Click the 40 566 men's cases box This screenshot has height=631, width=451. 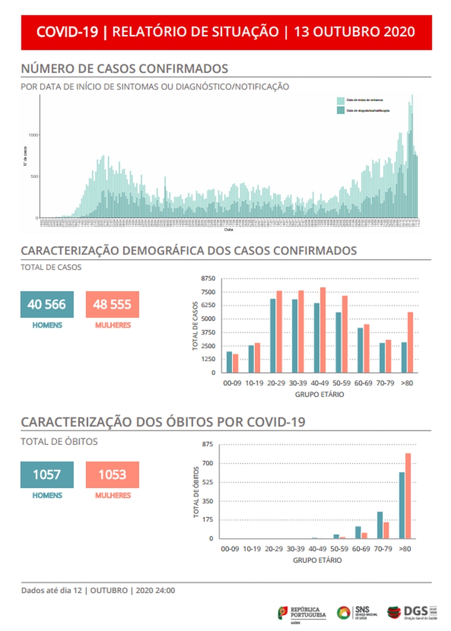tap(47, 304)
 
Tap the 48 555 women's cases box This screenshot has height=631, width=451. tap(113, 304)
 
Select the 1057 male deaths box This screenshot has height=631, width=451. tap(47, 474)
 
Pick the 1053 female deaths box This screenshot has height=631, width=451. tap(113, 474)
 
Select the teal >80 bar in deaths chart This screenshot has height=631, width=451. tap(402, 505)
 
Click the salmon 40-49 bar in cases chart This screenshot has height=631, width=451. tap(323, 330)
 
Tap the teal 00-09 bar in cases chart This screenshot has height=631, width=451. tap(230, 362)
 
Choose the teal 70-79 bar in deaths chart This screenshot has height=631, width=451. tap(380, 525)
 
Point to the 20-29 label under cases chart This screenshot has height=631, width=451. tap(275, 383)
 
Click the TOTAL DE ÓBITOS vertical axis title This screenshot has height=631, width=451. tap(196, 492)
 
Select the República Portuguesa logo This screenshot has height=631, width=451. tap(302, 613)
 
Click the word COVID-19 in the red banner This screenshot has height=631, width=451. tap(67, 32)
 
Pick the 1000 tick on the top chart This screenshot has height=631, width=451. tap(34, 135)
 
